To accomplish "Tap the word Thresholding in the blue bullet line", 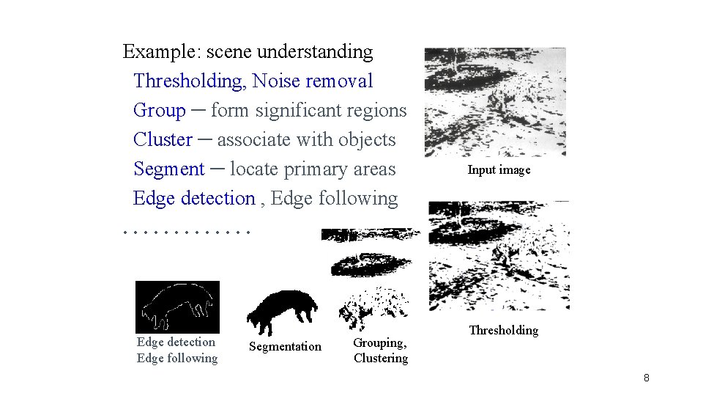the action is (x=190, y=81).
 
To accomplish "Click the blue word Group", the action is (x=160, y=111).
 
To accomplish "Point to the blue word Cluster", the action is (x=163, y=140).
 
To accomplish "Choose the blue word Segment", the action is (x=169, y=169).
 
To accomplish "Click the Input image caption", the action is (x=499, y=170).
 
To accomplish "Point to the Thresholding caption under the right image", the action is (x=503, y=330).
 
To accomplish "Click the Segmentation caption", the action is (x=285, y=346).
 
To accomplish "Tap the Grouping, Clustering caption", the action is (x=380, y=351).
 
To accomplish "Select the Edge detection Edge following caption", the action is (x=177, y=350).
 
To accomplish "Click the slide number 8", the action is (x=646, y=378).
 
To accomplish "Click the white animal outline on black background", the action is (x=177, y=307).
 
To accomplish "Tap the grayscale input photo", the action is (x=495, y=102).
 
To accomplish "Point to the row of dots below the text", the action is (x=187, y=232).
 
